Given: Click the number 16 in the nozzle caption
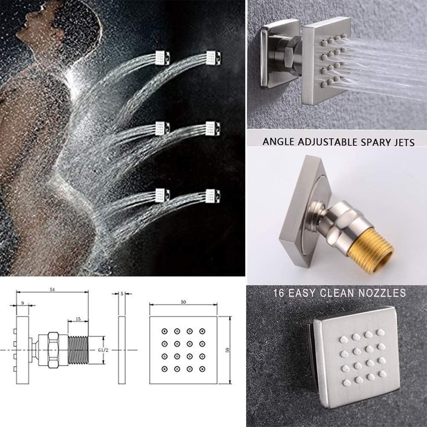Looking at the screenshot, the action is [x=279, y=293].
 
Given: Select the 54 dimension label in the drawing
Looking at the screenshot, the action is [x=52, y=290].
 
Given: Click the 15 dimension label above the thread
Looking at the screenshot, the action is [x=78, y=319].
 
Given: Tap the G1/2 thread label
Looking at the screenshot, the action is [x=103, y=350].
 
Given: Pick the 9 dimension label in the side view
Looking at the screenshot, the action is [x=23, y=303].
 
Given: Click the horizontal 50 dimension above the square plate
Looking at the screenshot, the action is [x=183, y=302].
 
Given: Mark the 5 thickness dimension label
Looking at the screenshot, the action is [x=122, y=294].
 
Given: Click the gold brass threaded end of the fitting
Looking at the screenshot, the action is [x=370, y=250].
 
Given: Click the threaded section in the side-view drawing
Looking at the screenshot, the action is [x=78, y=350].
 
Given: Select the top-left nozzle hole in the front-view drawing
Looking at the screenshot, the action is [x=164, y=331].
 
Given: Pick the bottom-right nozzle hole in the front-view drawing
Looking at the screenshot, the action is [x=202, y=369].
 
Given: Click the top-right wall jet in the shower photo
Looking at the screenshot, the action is [x=214, y=58].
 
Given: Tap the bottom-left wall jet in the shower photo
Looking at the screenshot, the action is [x=162, y=196].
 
